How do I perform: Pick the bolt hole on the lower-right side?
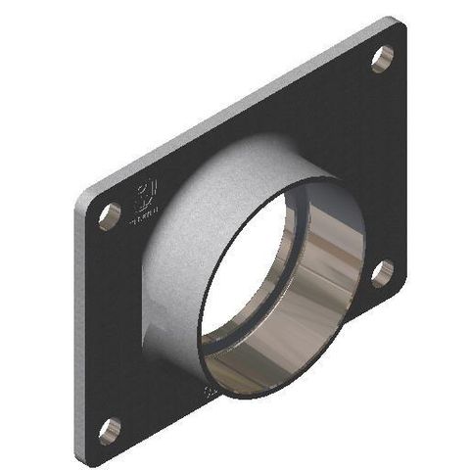coord(381,273)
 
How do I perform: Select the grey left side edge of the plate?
coord(74,323)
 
